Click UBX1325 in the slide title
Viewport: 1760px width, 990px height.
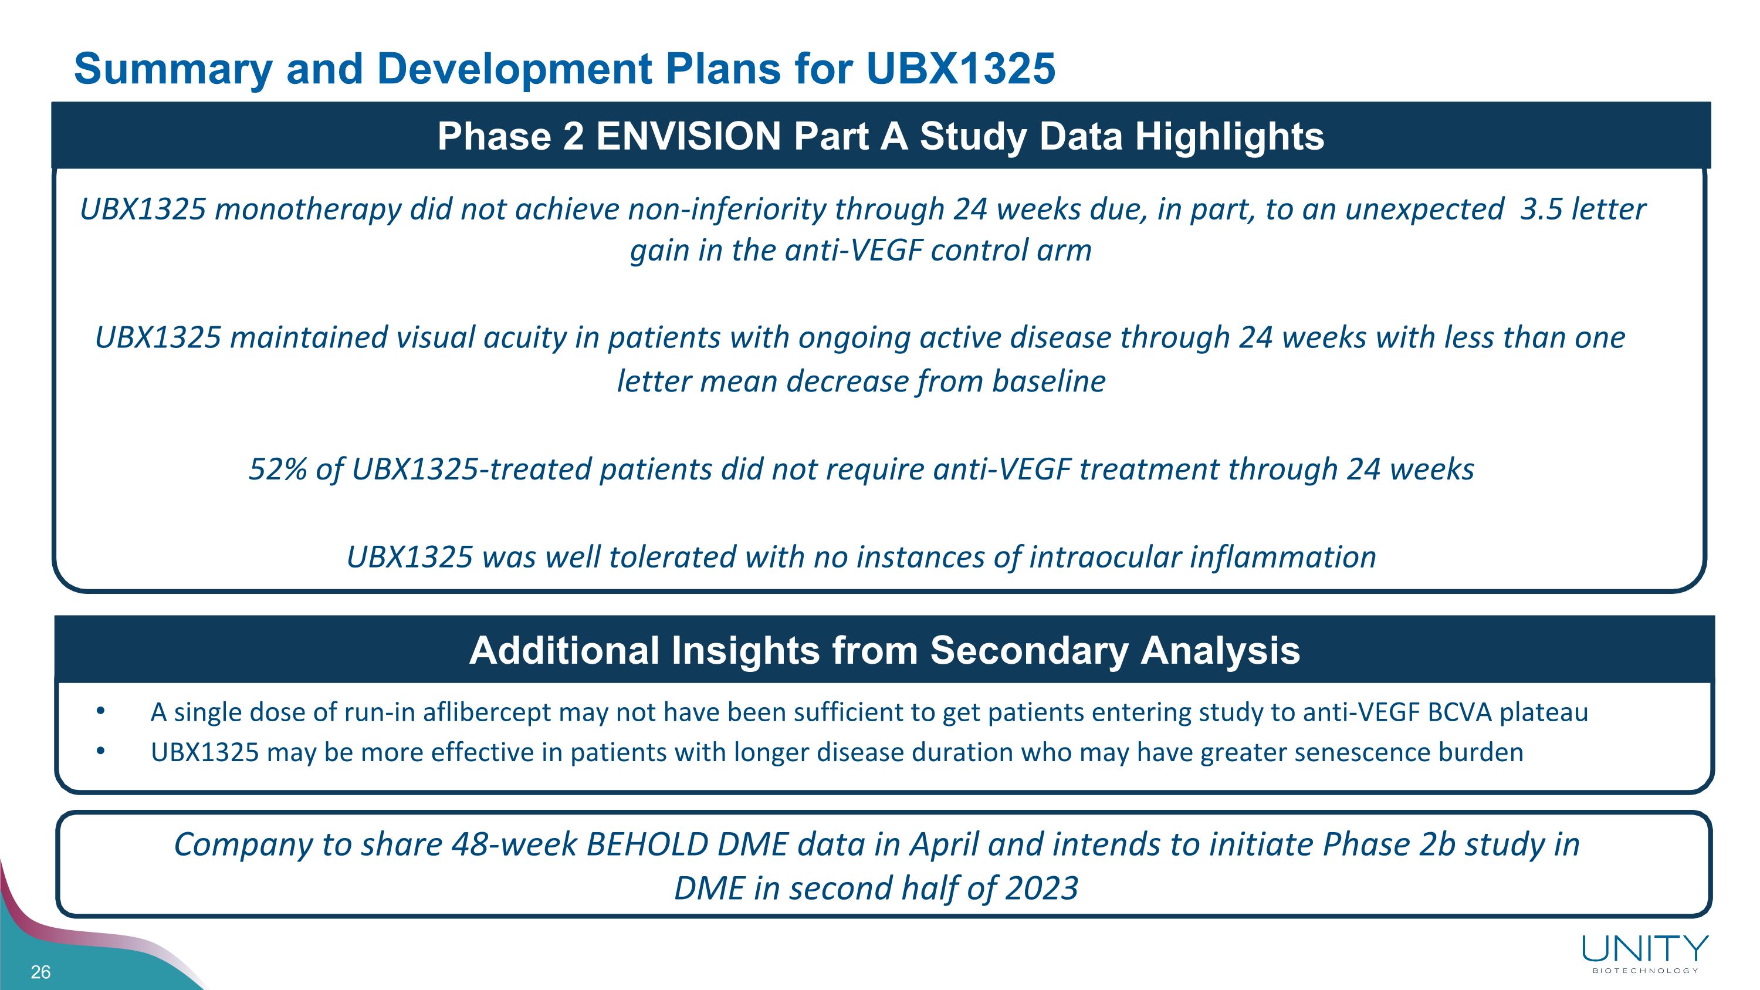(960, 69)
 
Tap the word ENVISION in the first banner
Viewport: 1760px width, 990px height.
(689, 136)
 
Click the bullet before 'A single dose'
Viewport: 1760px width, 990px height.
(100, 711)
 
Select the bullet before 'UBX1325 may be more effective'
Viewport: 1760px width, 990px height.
(100, 752)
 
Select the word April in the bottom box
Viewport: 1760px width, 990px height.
(944, 844)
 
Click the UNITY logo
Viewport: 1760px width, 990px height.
(1645, 949)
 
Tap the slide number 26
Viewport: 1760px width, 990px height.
(40, 972)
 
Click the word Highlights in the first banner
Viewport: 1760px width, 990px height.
(1229, 136)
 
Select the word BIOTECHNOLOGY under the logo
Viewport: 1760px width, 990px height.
(1645, 971)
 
